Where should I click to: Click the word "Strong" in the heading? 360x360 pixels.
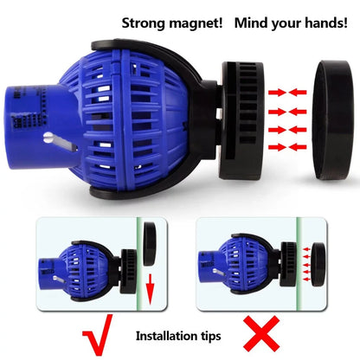pyautogui.click(x=144, y=23)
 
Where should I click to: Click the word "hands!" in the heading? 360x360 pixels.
pyautogui.click(x=326, y=22)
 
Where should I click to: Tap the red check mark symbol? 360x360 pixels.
pyautogui.click(x=98, y=335)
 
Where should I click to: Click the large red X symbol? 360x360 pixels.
pyautogui.click(x=261, y=334)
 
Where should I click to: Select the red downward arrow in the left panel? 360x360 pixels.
pyautogui.click(x=150, y=289)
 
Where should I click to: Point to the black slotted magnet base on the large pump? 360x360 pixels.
pyautogui.click(x=241, y=120)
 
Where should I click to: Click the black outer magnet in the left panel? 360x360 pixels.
pyautogui.click(x=150, y=244)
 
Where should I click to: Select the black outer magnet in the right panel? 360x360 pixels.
pyautogui.click(x=318, y=265)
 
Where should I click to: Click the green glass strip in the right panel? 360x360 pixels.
pyautogui.click(x=299, y=264)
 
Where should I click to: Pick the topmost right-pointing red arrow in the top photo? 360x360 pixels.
pyautogui.click(x=277, y=93)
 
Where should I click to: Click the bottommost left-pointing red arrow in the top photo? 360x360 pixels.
pyautogui.click(x=298, y=147)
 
